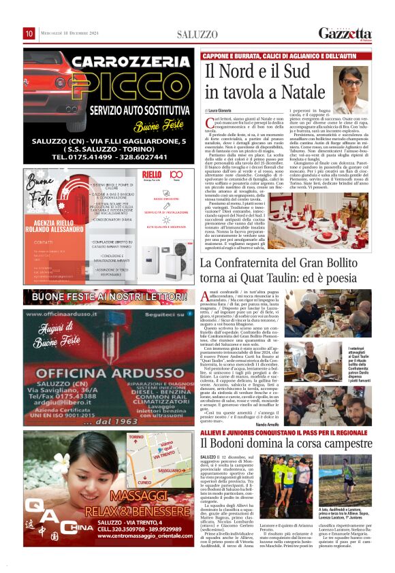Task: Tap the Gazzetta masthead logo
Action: (x=345, y=33)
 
